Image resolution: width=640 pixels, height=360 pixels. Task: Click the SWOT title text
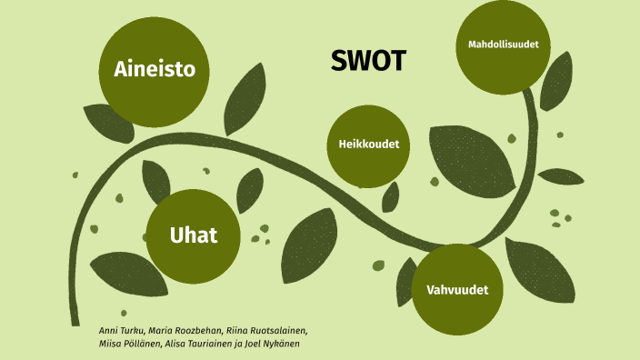(x=368, y=61)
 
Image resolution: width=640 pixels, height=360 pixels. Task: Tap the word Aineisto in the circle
(x=155, y=69)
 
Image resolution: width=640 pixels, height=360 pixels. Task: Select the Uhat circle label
(x=194, y=235)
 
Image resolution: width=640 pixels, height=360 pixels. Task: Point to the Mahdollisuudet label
(x=504, y=45)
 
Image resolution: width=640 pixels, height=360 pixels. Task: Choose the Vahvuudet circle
(x=457, y=290)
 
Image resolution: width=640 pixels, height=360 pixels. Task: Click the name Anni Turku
(x=121, y=329)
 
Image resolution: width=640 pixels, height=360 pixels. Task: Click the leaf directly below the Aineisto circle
(x=110, y=124)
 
